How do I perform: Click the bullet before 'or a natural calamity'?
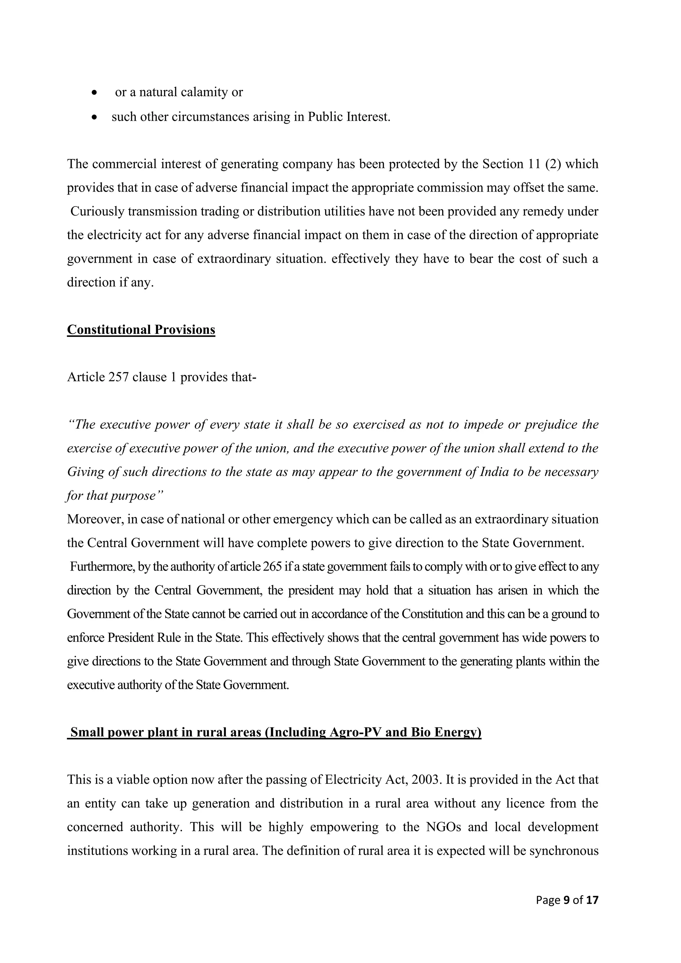click(95, 93)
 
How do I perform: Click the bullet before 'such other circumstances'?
click(95, 117)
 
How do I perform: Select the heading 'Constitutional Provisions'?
click(141, 330)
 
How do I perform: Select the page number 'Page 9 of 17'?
click(567, 900)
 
